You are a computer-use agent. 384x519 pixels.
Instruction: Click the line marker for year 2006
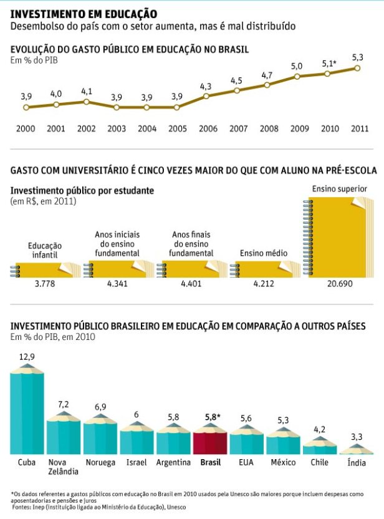[x=206, y=96]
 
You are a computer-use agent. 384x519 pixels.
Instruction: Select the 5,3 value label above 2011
[x=357, y=57]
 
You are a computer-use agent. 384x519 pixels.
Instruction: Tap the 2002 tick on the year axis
[x=86, y=129]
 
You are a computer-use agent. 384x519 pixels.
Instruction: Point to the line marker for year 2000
[x=26, y=107]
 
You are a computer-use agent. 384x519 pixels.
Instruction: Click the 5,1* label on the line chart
[x=329, y=64]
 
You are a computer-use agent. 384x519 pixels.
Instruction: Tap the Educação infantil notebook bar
[x=45, y=270]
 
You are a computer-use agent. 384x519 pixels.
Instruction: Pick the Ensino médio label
[x=264, y=253]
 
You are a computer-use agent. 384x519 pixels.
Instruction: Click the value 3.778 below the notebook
[x=45, y=284]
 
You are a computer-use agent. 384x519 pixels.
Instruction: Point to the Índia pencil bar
[x=357, y=449]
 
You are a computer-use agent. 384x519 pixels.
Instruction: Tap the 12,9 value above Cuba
[x=27, y=357]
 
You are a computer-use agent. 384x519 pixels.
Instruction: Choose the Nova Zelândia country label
[x=63, y=467]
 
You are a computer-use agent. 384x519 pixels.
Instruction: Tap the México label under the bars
[x=284, y=462]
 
